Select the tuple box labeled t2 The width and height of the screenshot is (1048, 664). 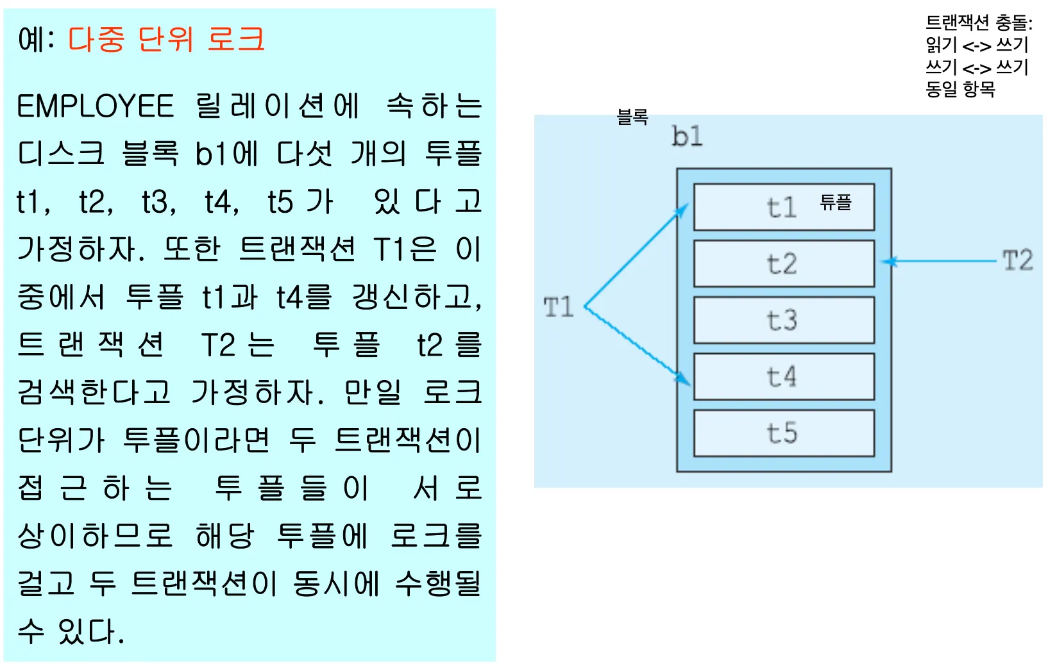(784, 263)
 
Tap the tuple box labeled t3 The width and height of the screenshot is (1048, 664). (784, 320)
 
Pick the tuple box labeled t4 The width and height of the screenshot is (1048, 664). (784, 376)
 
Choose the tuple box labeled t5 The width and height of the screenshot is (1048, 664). (784, 433)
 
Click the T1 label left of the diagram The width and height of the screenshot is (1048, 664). (558, 308)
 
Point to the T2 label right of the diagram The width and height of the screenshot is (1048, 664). (1018, 261)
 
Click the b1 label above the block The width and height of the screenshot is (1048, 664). (687, 137)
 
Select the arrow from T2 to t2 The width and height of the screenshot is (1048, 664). (943, 261)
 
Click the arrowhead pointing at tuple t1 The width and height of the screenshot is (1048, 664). (682, 210)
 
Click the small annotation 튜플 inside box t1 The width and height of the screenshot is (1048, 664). (836, 203)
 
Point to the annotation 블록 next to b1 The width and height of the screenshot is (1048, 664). (632, 117)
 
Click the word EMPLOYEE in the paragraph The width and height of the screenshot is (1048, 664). (96, 106)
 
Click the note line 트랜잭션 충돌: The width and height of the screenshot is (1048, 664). (979, 23)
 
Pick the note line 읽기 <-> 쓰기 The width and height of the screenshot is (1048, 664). (977, 45)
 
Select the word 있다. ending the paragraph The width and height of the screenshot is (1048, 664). (90, 631)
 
